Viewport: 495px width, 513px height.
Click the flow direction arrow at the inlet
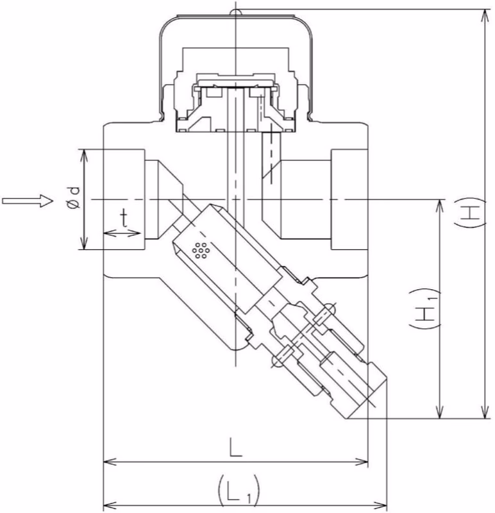click(x=28, y=200)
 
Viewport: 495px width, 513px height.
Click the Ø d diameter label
click(x=74, y=197)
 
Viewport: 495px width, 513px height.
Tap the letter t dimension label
click(x=124, y=219)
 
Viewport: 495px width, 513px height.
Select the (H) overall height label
click(x=470, y=213)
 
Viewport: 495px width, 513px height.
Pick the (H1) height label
click(x=424, y=309)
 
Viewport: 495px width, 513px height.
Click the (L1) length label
click(x=238, y=490)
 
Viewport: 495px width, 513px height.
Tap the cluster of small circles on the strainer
click(x=201, y=251)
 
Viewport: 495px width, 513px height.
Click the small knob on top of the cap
click(x=236, y=12)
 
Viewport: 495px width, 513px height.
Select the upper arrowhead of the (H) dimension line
click(x=486, y=17)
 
